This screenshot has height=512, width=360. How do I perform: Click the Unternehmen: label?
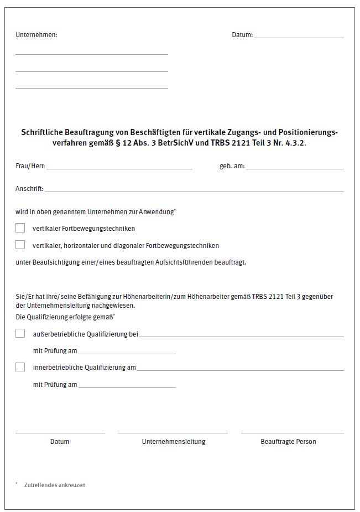(36, 35)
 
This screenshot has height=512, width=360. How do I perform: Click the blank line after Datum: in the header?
(299, 37)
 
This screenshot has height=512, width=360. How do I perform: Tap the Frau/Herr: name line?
(119, 167)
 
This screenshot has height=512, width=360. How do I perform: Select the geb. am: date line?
(295, 167)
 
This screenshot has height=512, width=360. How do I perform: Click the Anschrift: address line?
(194, 190)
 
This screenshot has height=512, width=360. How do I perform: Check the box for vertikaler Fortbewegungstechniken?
(20, 227)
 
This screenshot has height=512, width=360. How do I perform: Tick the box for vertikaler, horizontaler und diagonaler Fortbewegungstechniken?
(20, 245)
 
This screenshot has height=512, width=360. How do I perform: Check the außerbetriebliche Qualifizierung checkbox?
(20, 333)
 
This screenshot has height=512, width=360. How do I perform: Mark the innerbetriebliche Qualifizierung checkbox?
(20, 366)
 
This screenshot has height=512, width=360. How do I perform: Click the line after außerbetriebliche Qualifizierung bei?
(242, 335)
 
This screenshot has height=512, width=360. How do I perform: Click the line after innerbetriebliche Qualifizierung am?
(240, 369)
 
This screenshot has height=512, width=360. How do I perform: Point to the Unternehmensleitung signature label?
(173, 442)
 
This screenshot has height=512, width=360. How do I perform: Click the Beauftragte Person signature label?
(288, 442)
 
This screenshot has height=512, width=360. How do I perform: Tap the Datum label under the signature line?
(60, 442)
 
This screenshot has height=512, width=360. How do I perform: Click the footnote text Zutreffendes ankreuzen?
(55, 485)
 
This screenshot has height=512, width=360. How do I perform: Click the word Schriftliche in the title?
(42, 133)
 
